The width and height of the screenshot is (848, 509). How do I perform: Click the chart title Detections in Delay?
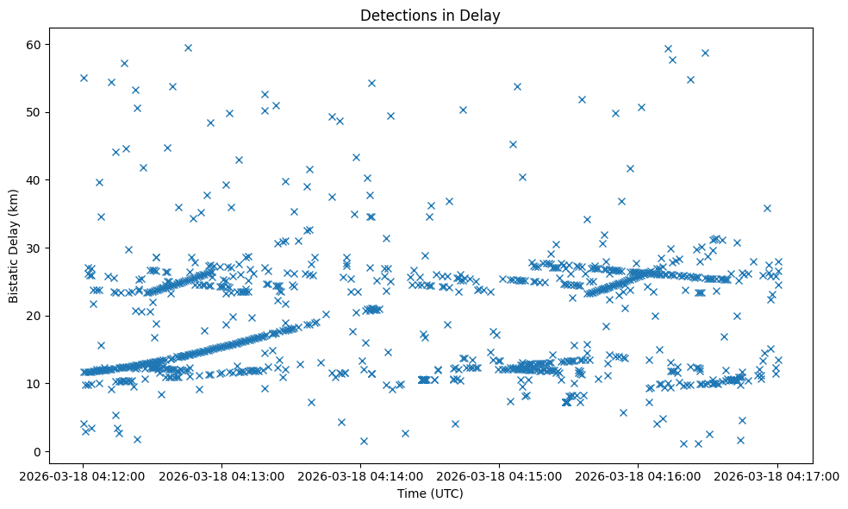click(x=430, y=15)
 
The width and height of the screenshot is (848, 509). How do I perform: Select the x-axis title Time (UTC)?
click(x=430, y=493)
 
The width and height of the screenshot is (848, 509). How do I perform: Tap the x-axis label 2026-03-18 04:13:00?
click(x=222, y=474)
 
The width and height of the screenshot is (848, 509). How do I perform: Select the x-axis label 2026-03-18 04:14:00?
click(x=361, y=474)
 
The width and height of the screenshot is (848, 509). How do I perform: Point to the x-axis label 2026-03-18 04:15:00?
click(x=500, y=474)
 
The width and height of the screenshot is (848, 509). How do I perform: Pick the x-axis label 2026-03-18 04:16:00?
click(x=639, y=474)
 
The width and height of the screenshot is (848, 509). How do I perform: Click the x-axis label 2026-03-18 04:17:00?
click(x=777, y=474)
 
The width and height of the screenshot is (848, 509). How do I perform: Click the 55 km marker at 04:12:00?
click(x=84, y=78)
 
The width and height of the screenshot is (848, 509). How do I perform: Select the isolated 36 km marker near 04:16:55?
click(x=767, y=208)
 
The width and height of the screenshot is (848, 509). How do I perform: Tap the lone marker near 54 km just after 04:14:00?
click(x=371, y=83)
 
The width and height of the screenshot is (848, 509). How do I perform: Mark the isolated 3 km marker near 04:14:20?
click(x=405, y=433)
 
